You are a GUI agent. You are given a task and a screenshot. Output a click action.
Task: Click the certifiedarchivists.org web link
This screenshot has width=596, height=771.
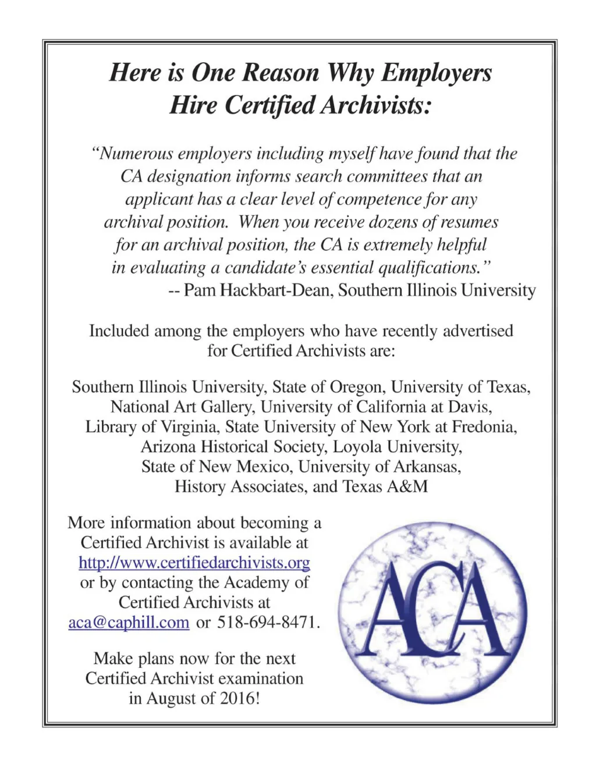(x=194, y=563)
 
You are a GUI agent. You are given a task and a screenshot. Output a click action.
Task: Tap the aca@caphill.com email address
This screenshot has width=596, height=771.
(x=129, y=622)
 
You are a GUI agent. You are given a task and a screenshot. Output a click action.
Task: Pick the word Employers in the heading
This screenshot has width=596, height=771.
(x=437, y=73)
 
